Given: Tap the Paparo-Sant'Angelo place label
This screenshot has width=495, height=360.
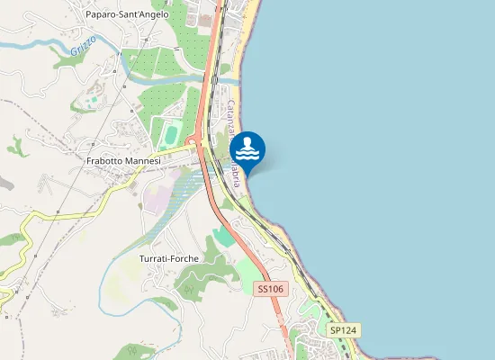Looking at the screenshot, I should pos(127,14).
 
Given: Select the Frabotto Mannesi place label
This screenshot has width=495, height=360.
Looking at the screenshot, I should pos(123,161).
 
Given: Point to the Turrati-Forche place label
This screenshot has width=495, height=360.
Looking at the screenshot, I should pos(169,258).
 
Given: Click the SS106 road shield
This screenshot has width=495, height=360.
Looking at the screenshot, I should pos(270,289).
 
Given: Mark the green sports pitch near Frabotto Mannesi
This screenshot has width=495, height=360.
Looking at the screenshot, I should pos(171,135).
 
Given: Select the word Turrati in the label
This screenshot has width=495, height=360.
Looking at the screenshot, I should pos(154,258).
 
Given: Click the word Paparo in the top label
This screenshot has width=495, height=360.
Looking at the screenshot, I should pos(101,14).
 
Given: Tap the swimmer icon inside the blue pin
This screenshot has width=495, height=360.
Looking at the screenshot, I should pos(247,146).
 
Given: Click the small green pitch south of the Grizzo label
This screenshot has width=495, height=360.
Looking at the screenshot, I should pos(93,100).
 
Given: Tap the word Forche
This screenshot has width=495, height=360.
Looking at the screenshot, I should pos(184,258).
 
